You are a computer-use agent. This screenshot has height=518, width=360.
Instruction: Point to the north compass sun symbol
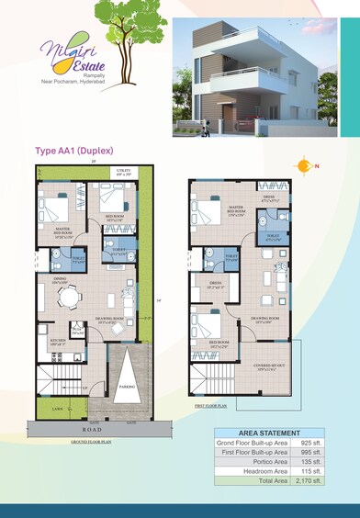click(304, 165)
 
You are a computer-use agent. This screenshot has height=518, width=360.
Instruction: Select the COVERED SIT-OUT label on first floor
click(272, 366)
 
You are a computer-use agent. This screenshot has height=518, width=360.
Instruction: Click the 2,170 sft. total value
click(309, 480)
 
